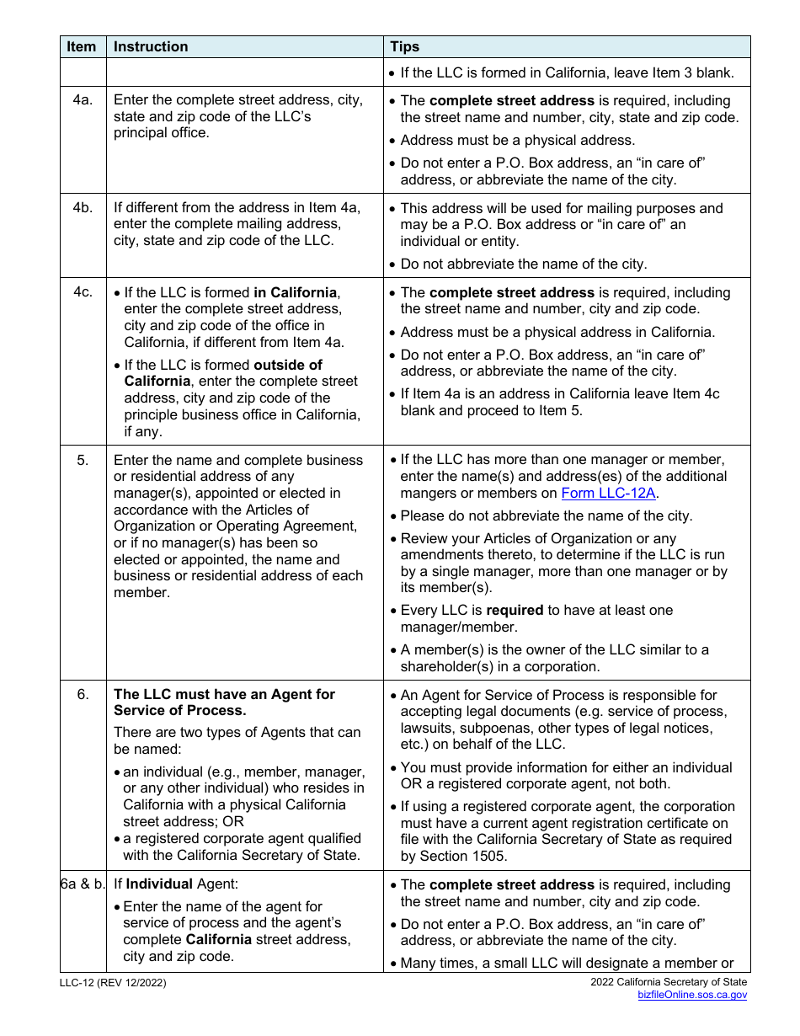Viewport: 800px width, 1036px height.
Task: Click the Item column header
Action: click(82, 47)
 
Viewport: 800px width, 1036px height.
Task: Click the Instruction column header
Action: click(151, 47)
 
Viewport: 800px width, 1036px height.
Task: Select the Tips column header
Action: click(405, 47)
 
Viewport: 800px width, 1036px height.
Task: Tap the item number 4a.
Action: click(82, 100)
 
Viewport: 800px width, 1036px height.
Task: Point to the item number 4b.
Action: click(82, 208)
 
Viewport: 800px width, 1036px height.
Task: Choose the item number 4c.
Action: click(82, 293)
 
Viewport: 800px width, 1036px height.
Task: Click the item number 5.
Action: click(82, 461)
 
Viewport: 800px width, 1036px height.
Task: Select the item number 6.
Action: click(82, 695)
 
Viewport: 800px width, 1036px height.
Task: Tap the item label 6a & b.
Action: click(83, 885)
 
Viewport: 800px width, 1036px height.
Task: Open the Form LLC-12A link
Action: click(609, 494)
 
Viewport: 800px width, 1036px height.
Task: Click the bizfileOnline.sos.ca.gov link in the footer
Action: click(691, 995)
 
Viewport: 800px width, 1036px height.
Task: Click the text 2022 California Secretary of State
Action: click(669, 982)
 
